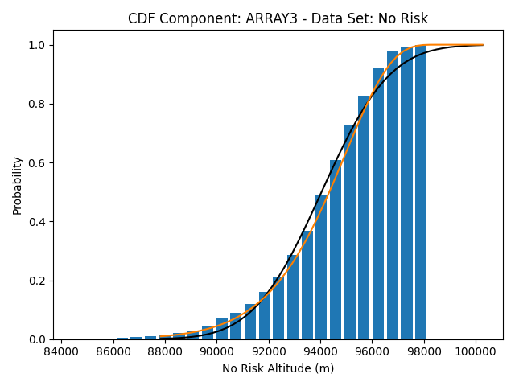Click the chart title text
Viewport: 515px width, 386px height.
(278, 18)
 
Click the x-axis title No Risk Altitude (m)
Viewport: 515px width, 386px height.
(278, 369)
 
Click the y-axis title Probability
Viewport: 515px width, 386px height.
(17, 185)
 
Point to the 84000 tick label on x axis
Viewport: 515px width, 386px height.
(61, 351)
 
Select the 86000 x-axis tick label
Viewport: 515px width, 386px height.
(113, 351)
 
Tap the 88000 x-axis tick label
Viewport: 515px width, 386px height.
(165, 351)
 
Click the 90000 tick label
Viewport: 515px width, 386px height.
(216, 351)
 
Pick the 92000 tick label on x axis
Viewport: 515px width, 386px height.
(269, 351)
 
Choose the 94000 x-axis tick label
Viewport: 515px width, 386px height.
(320, 351)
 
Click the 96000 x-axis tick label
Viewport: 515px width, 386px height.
(373, 351)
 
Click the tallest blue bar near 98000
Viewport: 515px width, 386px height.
(421, 193)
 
